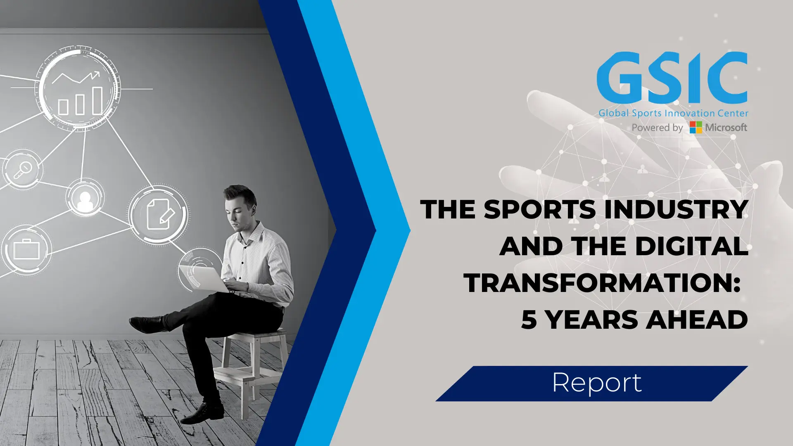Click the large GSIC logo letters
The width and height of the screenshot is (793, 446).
point(672,78)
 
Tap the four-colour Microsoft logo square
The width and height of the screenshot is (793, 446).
point(696,127)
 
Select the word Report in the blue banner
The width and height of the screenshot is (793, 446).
point(597,383)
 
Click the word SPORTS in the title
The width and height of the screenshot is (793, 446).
point(539,209)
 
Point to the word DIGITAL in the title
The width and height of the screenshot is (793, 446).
point(691,246)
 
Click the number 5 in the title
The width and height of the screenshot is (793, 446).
point(529,320)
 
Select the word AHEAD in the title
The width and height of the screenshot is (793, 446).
point(697,320)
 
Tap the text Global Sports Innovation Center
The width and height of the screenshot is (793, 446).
point(673,113)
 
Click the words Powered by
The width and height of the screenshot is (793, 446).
point(657,128)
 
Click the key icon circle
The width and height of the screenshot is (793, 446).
point(22,169)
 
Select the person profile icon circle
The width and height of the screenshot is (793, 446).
point(85,198)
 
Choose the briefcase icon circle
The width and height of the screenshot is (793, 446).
point(26,249)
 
